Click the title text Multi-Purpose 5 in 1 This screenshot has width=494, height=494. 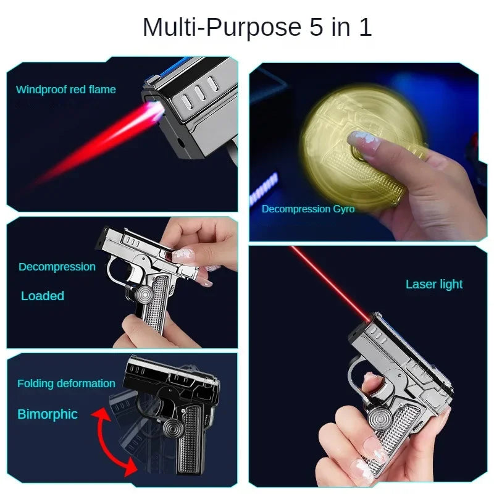[257, 28]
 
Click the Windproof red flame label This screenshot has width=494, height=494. [66, 90]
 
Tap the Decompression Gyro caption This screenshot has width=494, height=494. [308, 209]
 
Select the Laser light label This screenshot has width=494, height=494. [433, 285]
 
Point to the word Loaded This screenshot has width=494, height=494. [43, 296]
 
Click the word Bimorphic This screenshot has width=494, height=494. [48, 414]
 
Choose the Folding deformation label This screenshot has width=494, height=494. [66, 383]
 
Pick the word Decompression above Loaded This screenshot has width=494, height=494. [57, 267]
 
